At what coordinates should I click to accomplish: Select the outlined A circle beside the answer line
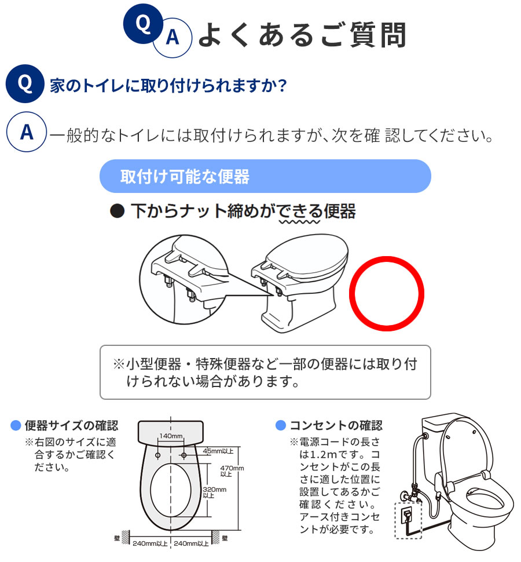pos(26,133)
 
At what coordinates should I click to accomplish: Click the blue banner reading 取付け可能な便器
pos(265,176)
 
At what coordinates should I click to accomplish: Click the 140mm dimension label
pos(171,436)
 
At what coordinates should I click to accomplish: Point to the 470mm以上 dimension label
pos(234,471)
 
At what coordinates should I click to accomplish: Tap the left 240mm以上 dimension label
pos(150,543)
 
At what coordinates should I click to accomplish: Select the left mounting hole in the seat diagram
pos(157,456)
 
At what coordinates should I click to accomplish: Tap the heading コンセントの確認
pos(336,426)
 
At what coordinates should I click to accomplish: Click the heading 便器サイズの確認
pos(71,426)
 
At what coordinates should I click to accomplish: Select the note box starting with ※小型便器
pos(265,373)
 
